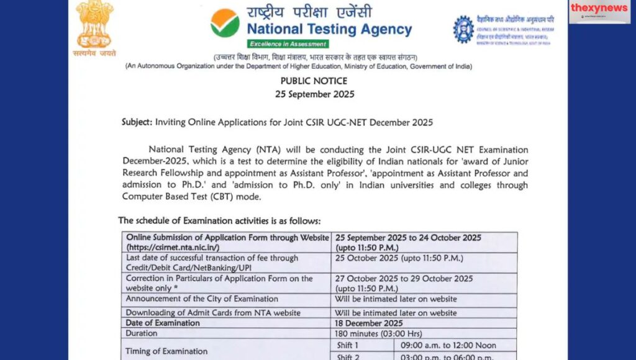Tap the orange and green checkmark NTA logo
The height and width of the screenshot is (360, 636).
pyautogui.click(x=225, y=22)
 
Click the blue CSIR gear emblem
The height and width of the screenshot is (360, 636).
pyautogui.click(x=463, y=29)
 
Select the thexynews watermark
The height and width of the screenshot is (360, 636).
pyautogui.click(x=599, y=9)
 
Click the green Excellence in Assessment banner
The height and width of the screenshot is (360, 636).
pyautogui.click(x=288, y=44)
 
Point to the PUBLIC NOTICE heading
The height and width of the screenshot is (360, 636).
pyautogui.click(x=314, y=81)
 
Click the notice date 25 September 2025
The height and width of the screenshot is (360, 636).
pyautogui.click(x=314, y=94)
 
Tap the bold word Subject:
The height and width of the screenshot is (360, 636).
pyautogui.click(x=137, y=122)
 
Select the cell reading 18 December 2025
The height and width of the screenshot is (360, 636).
pyautogui.click(x=369, y=323)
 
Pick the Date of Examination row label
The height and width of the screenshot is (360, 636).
pyautogui.click(x=163, y=323)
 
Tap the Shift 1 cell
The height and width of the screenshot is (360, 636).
pyautogui.click(x=348, y=345)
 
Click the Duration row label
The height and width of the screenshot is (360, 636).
pyautogui.click(x=142, y=333)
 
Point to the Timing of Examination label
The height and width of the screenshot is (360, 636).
pyautogui.click(x=166, y=351)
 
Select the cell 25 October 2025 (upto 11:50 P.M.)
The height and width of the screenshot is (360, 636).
pyautogui.click(x=399, y=258)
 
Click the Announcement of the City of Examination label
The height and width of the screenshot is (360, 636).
pyautogui.click(x=202, y=299)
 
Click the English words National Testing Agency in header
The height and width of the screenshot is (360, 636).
pyautogui.click(x=329, y=29)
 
